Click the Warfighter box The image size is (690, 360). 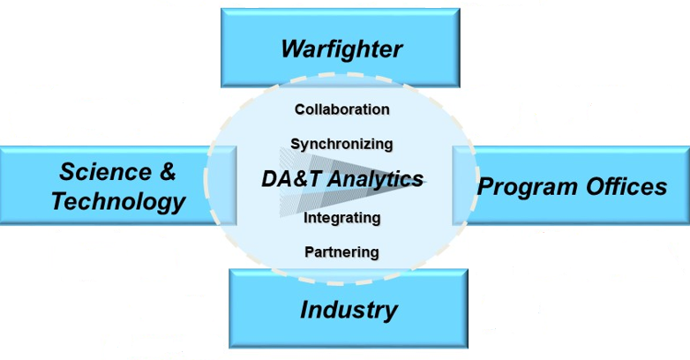(341, 48)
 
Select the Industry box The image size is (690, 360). (349, 309)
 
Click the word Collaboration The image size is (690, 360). (341, 109)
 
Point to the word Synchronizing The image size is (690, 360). (341, 143)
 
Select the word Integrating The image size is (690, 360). (341, 217)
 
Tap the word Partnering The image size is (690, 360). (341, 251)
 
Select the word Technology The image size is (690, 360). (118, 201)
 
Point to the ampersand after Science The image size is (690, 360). (168, 170)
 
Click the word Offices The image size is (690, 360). (626, 187)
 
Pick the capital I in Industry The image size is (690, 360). (304, 310)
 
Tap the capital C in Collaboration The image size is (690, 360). (300, 109)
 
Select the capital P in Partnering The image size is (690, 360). (309, 251)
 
